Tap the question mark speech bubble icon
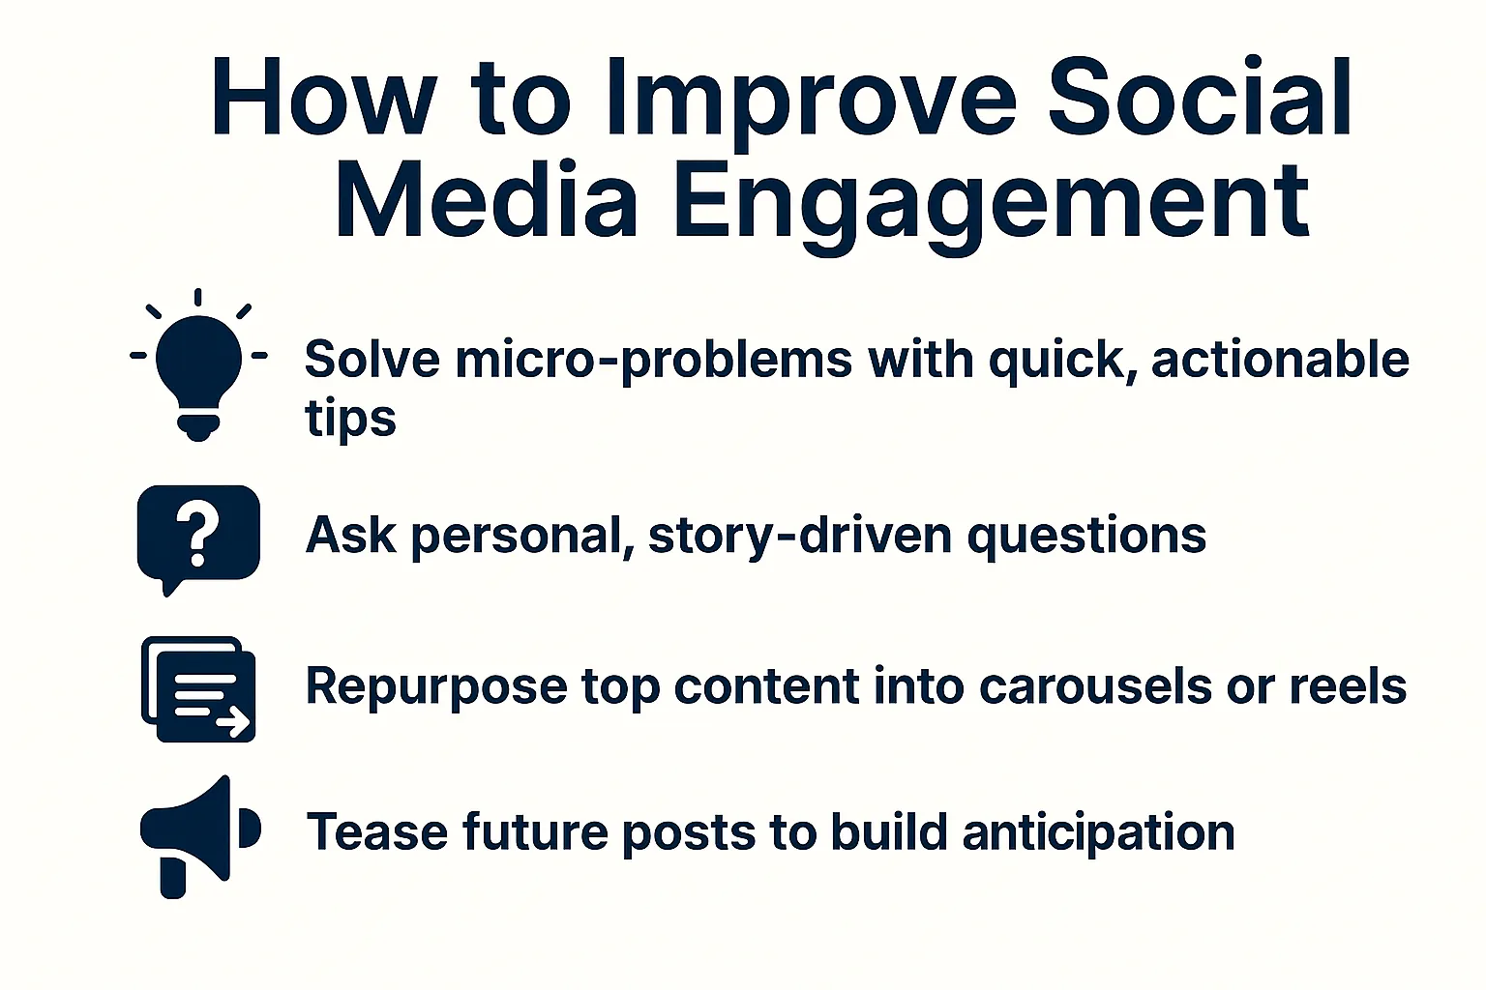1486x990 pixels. pyautogui.click(x=198, y=535)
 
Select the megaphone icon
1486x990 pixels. pyautogui.click(x=198, y=833)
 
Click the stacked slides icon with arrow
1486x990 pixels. pyautogui.click(x=198, y=688)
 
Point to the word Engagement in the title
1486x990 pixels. pyautogui.click(x=992, y=203)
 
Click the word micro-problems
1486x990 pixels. pyautogui.click(x=653, y=361)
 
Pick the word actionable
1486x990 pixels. pyautogui.click(x=1279, y=360)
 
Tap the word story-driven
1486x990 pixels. pyautogui.click(x=800, y=536)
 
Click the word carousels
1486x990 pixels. pyautogui.click(x=1095, y=686)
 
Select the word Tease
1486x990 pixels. pyautogui.click(x=376, y=832)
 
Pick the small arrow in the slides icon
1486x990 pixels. pyautogui.click(x=233, y=720)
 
